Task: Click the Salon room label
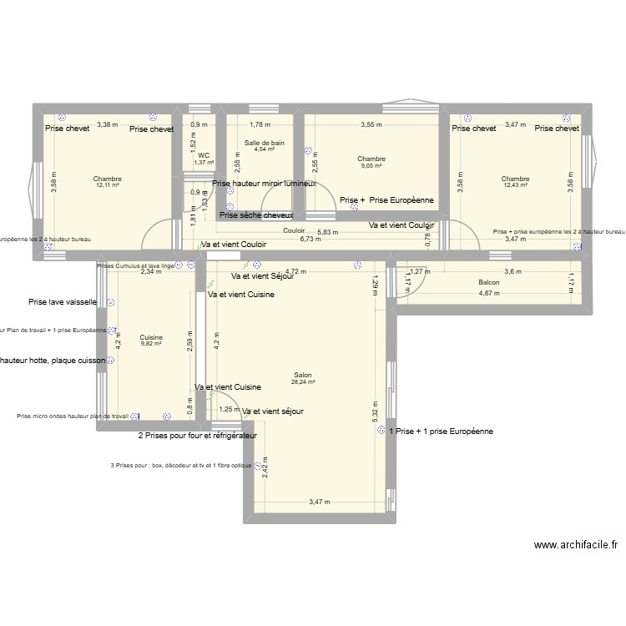[301, 375]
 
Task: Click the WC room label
[204, 155]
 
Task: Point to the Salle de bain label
[265, 143]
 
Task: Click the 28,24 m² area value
[301, 382]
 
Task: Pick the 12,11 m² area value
[108, 185]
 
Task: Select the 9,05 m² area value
[371, 165]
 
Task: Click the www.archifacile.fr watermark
[577, 545]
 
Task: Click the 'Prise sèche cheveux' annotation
[256, 215]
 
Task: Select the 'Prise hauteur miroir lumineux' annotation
[264, 184]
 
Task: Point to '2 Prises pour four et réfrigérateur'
[197, 436]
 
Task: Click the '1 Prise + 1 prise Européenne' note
[441, 432]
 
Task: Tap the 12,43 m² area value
[516, 185]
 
